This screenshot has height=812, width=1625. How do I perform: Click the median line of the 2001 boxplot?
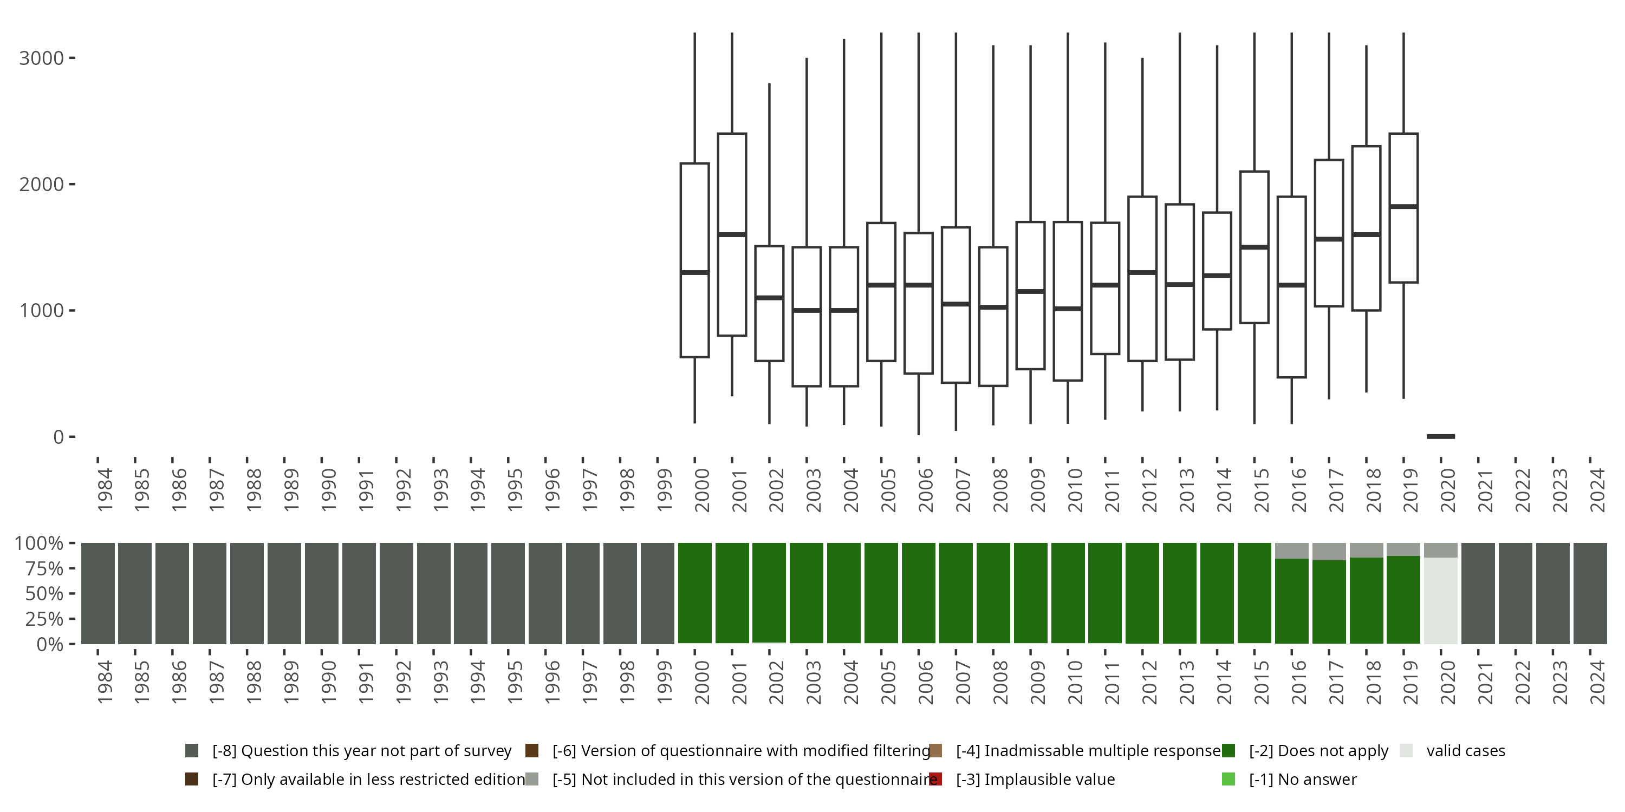(732, 234)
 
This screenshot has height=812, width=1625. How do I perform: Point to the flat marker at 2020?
(1441, 436)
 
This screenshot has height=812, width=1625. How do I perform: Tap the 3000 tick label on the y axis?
(41, 58)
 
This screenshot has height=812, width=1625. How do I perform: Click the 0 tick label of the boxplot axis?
(58, 436)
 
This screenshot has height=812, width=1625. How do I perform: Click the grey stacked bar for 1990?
(322, 593)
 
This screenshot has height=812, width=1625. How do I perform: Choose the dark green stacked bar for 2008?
(993, 593)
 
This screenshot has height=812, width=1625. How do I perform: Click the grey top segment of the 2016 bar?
(1291, 551)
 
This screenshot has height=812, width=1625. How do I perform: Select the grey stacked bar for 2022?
(1515, 593)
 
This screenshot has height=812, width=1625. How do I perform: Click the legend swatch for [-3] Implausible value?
(935, 779)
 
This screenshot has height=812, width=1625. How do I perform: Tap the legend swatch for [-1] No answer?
(1228, 779)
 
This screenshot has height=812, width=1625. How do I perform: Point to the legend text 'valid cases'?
(1465, 751)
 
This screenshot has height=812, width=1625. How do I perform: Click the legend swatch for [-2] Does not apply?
(1228, 751)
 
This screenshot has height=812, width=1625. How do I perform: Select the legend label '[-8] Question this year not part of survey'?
(361, 751)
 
